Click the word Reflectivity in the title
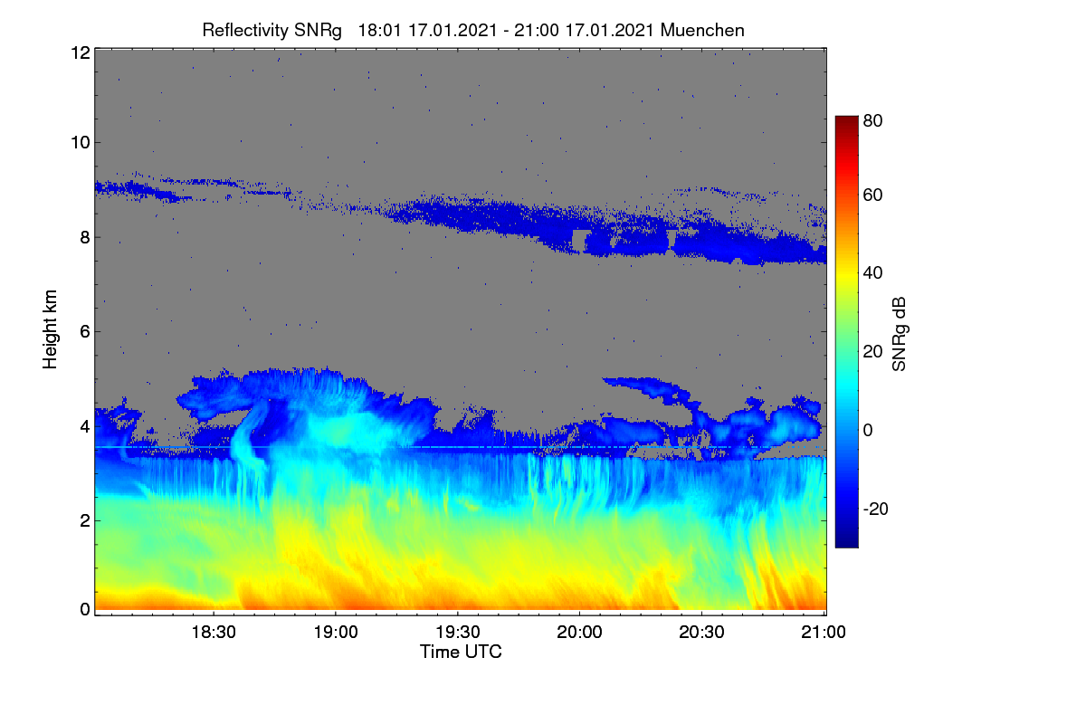(x=246, y=31)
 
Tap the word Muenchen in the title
(x=702, y=31)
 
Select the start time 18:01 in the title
(x=379, y=31)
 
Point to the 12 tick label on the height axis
(x=81, y=52)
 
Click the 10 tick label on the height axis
(x=81, y=143)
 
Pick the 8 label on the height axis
(x=85, y=238)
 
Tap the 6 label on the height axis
(x=85, y=332)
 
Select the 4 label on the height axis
(x=85, y=427)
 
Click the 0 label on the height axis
(x=85, y=609)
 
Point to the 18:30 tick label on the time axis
(x=214, y=633)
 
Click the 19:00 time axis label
(x=336, y=633)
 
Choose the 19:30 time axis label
(x=458, y=633)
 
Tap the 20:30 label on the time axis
(x=701, y=633)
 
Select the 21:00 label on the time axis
(x=824, y=633)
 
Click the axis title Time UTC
(x=461, y=653)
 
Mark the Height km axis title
(x=50, y=329)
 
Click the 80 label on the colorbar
(x=872, y=120)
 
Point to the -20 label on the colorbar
(x=876, y=510)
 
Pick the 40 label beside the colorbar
(x=872, y=273)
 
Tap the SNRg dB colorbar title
(x=900, y=335)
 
